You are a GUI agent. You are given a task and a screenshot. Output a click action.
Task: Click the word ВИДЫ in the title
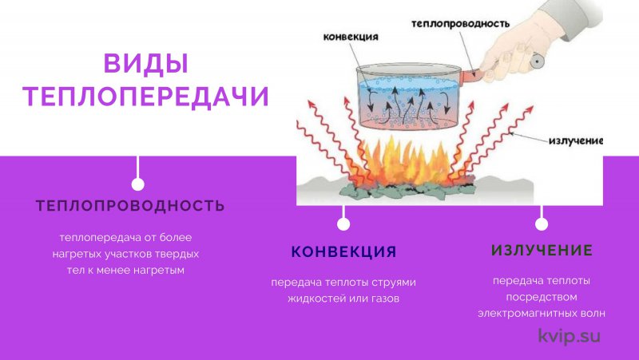[146, 64]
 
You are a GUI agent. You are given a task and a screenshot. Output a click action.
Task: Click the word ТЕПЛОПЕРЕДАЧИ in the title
[146, 97]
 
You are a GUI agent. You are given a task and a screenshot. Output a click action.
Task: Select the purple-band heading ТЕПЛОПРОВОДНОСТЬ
[130, 206]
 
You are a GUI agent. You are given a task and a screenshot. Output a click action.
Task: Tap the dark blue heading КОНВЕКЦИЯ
[343, 251]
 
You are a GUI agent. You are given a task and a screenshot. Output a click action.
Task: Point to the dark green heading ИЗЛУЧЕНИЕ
[542, 250]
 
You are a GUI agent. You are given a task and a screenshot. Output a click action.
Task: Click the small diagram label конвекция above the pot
[351, 37]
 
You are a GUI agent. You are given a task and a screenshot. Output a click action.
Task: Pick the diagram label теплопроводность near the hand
[460, 24]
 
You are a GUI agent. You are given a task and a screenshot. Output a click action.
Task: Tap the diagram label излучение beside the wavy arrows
[576, 141]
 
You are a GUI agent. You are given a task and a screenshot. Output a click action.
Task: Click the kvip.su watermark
[570, 336]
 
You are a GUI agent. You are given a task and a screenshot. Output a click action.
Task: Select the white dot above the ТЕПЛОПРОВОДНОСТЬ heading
[137, 184]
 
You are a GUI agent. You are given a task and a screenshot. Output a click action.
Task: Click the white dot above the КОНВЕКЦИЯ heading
[343, 224]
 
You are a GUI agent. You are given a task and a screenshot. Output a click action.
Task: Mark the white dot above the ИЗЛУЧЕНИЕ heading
[542, 224]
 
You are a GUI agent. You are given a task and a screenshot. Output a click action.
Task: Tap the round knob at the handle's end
[536, 61]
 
